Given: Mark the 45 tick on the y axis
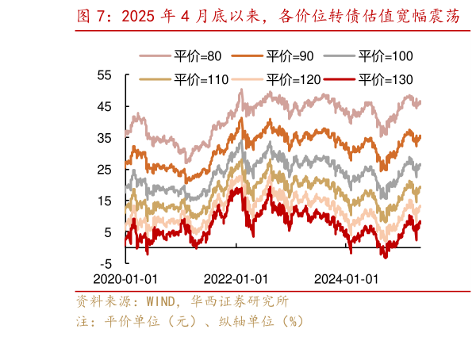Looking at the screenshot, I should [105, 107].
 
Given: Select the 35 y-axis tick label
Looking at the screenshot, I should [105, 138].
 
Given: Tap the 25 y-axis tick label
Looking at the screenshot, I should [105, 170].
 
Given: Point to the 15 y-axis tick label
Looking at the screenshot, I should [105, 201].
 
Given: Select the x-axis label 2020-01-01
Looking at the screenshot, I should [125, 279].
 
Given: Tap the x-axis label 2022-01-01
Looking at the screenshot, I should [236, 279].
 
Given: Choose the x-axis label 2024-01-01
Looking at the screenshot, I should [347, 279].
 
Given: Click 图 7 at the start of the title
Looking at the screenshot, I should [92, 15].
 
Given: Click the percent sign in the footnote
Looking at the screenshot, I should [294, 322].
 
